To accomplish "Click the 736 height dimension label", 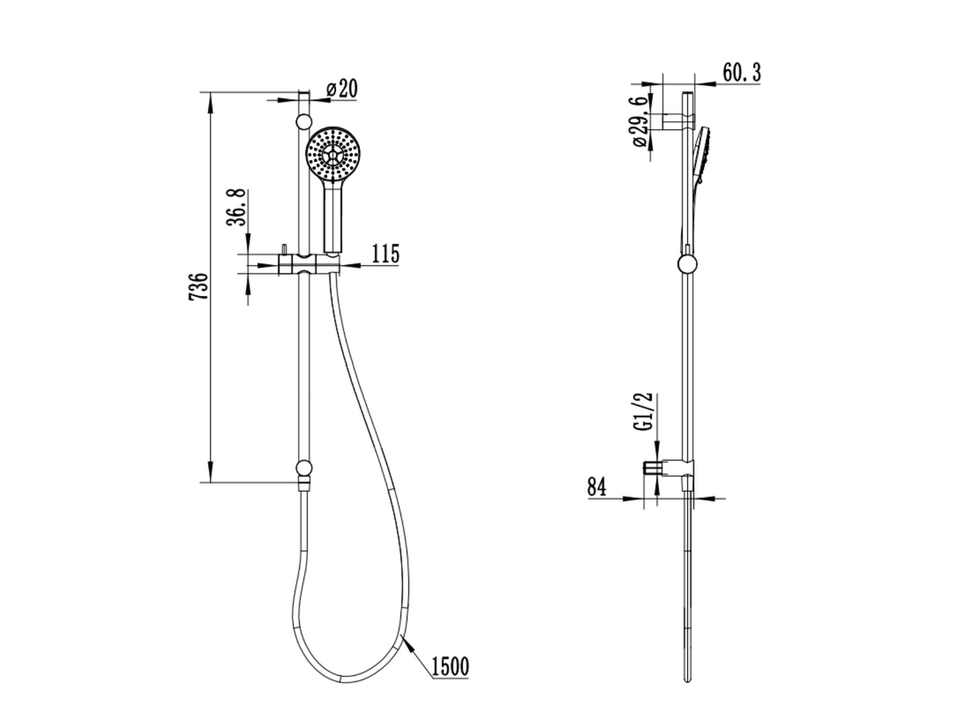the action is coord(198,286).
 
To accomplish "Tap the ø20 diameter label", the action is coord(342,89).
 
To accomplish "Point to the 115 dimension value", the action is coord(386,254).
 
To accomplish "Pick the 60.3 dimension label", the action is coord(742,73).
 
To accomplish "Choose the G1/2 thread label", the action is coord(647,411).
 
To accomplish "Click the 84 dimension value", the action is coord(597,487).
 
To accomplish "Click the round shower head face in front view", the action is coord(333,155).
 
